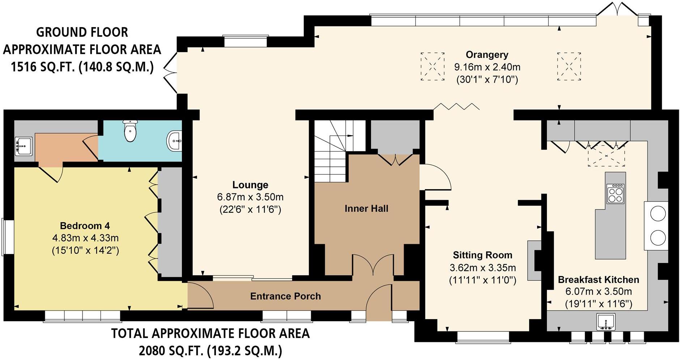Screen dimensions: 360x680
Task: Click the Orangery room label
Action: [x=487, y=55]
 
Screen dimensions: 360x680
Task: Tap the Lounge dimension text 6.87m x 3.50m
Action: [x=250, y=197]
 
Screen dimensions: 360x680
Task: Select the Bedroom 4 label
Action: [x=85, y=226]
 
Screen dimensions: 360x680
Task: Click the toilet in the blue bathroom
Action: [x=130, y=131]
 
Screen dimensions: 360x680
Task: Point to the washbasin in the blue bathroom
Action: [x=175, y=140]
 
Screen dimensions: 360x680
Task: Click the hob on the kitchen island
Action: [x=615, y=194]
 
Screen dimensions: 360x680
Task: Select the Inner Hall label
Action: [x=366, y=209]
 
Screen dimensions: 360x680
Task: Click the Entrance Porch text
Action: [x=285, y=296]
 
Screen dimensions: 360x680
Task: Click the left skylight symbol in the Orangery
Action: [x=432, y=67]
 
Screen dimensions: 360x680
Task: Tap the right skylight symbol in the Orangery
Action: [x=569, y=67]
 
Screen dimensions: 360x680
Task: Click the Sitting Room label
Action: [x=483, y=255]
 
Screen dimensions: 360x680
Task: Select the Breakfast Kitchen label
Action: [x=598, y=280]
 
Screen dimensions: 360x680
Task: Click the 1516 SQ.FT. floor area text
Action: [x=82, y=67]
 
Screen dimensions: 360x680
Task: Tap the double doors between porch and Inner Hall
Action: [x=373, y=266]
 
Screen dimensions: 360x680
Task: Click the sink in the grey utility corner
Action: [x=24, y=147]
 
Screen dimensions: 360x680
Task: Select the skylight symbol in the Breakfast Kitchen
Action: [x=606, y=155]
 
